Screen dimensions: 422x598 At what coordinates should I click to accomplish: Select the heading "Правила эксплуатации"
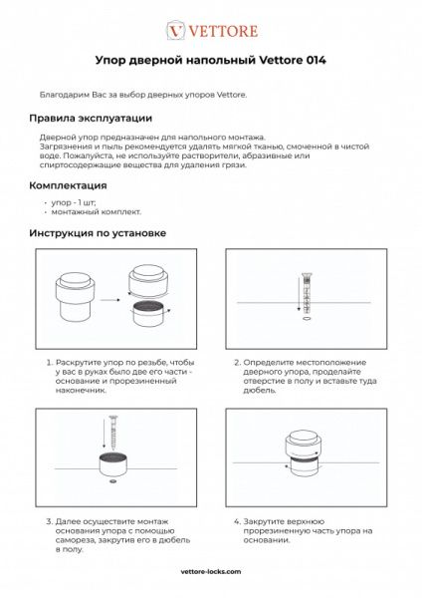click(90, 118)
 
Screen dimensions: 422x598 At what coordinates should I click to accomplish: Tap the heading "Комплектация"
click(69, 185)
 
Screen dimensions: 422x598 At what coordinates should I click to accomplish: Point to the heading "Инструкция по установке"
click(98, 233)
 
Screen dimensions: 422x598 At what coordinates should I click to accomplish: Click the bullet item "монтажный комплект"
click(97, 211)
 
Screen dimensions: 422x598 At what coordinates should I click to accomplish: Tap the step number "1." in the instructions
click(50, 363)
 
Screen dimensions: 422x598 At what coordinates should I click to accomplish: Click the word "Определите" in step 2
click(270, 363)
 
